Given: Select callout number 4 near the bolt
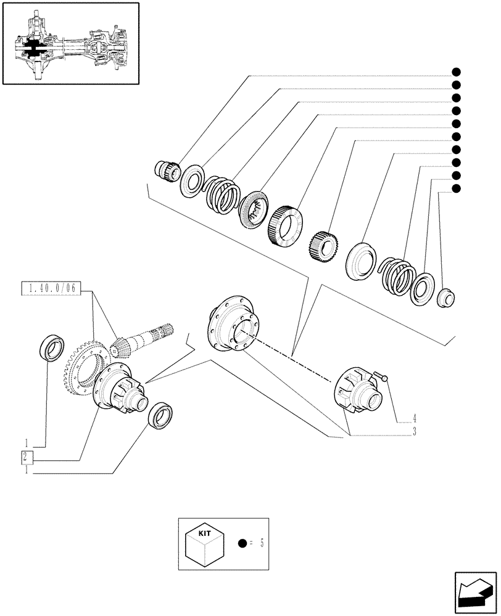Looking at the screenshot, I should point(415,417).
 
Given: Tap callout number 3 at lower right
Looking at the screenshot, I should point(415,432).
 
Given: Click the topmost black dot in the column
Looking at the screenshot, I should point(456,72).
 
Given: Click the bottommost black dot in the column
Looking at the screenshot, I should point(456,188).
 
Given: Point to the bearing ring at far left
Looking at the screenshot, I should point(51,348).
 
